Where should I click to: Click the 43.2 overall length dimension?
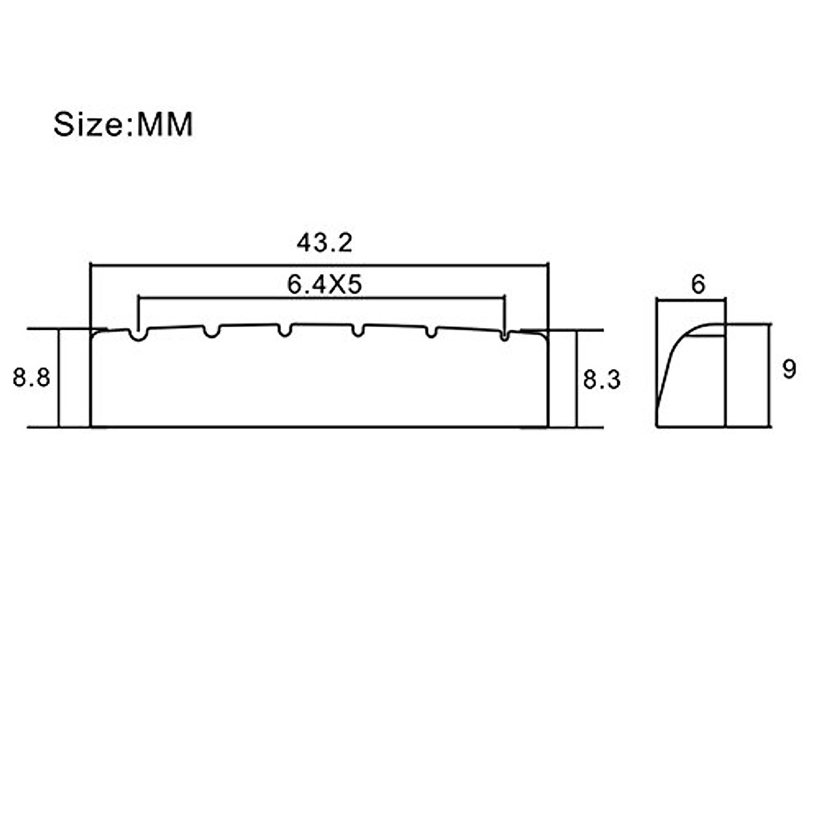[x=325, y=243]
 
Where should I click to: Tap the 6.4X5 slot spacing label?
[x=325, y=284]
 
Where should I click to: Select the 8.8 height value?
[x=31, y=377]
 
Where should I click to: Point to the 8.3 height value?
[x=601, y=379]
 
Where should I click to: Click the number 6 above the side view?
[x=698, y=284]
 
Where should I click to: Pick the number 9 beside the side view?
[x=789, y=369]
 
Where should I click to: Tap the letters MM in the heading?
[x=165, y=124]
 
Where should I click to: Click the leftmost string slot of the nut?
[x=138, y=335]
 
